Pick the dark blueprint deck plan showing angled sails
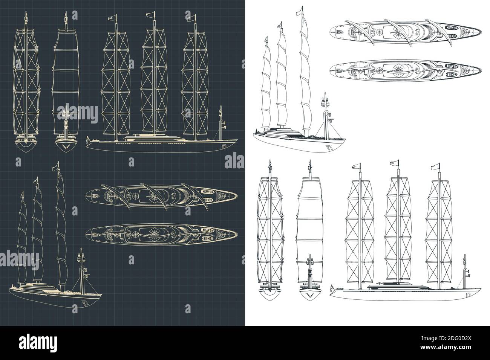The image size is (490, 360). coord(161,194)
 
